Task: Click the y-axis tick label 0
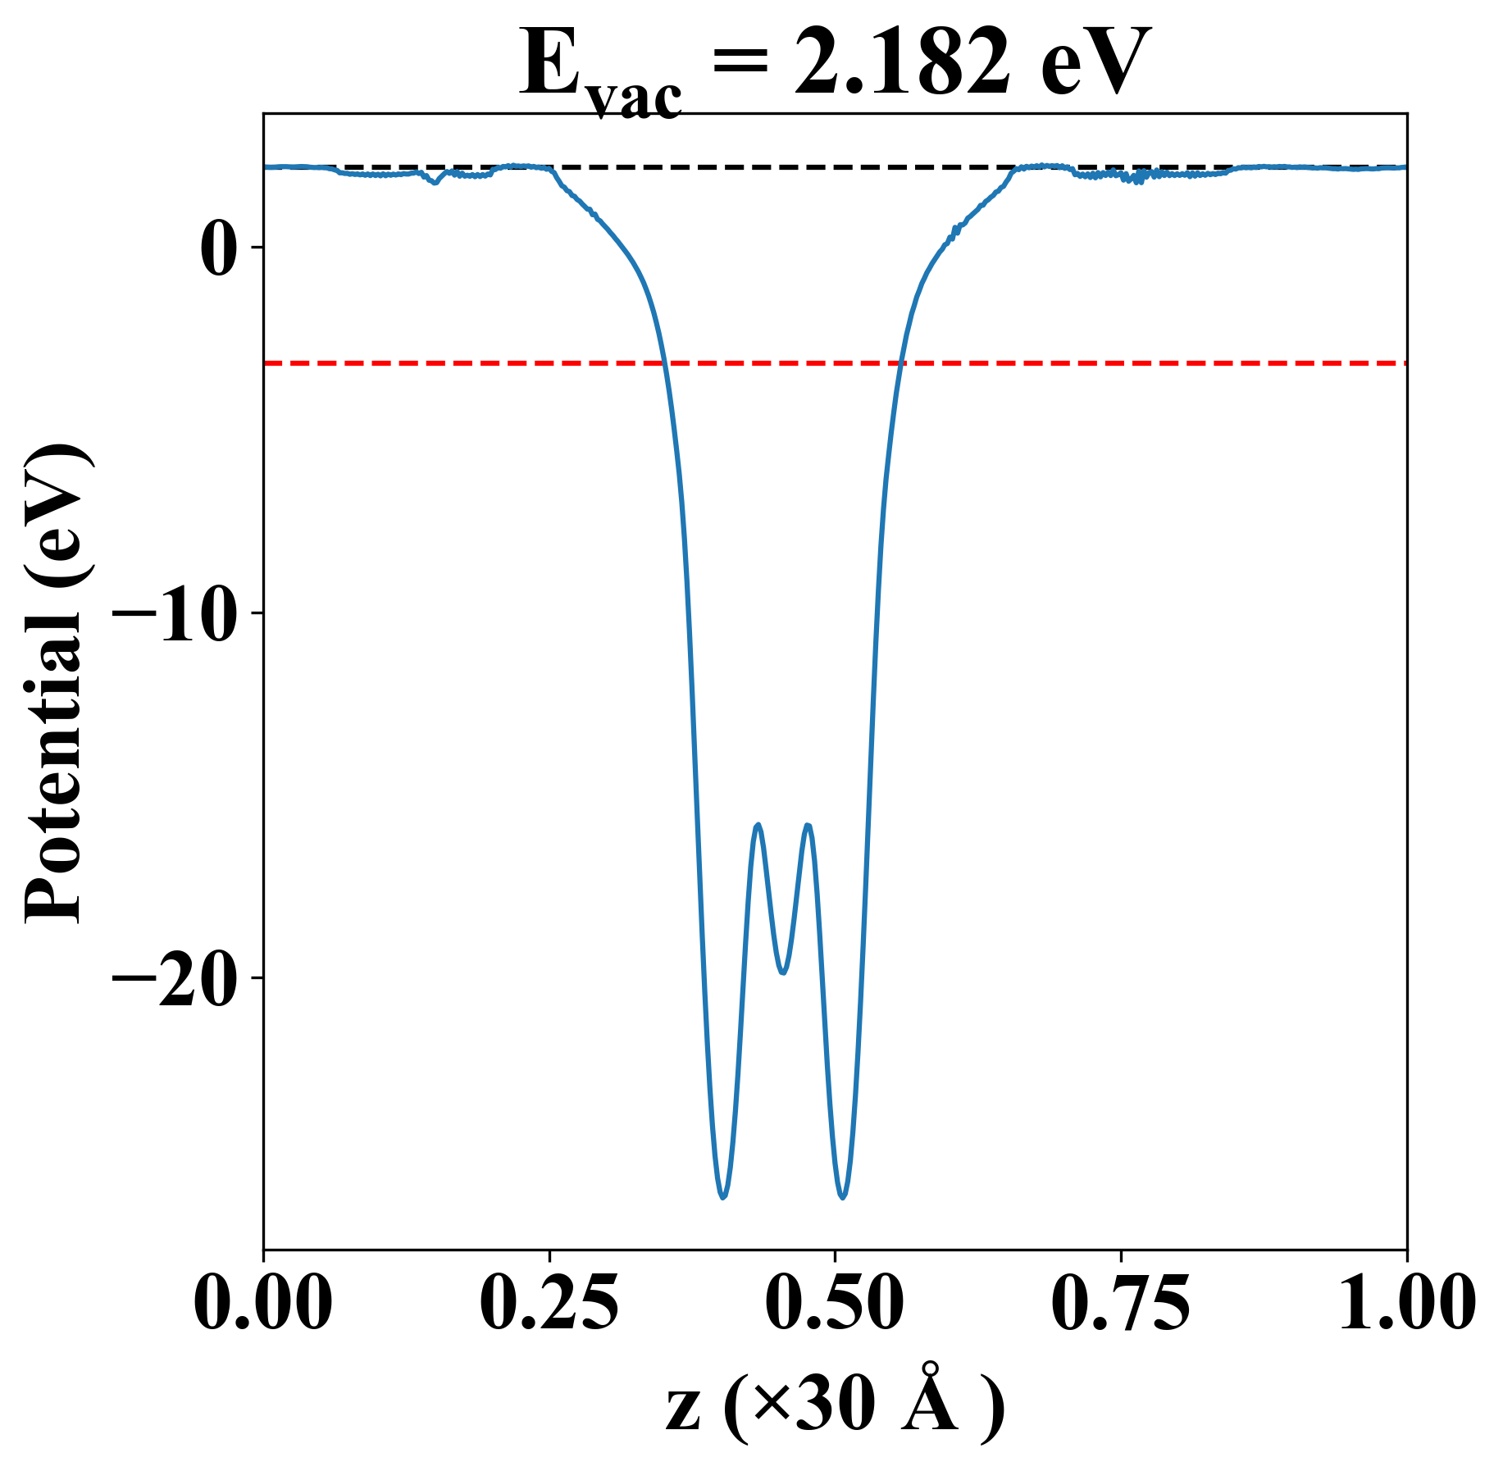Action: pos(220,248)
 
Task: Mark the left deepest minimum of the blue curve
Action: pos(723,1197)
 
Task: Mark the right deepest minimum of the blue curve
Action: pos(842,1197)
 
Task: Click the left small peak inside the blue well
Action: pos(758,825)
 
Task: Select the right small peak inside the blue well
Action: pos(808,825)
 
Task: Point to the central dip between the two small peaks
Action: pos(783,972)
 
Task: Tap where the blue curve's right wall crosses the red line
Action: pos(900,362)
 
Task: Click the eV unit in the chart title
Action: pos(1095,64)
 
